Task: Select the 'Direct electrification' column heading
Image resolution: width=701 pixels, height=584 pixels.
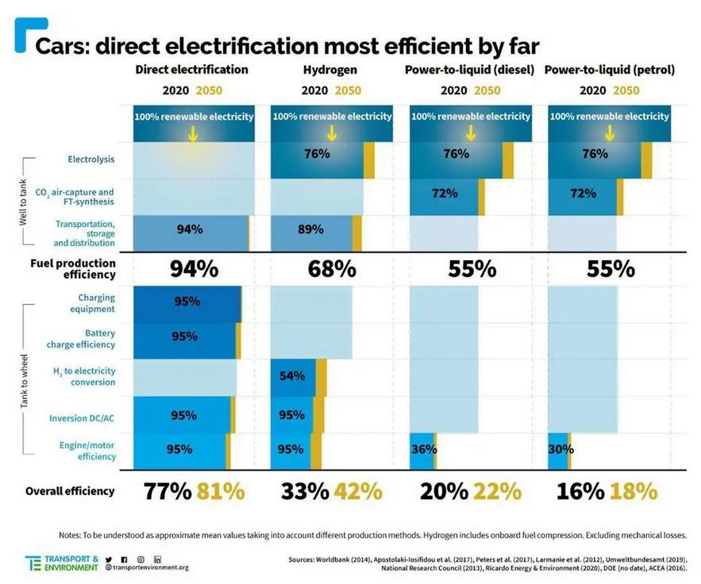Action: [x=192, y=70]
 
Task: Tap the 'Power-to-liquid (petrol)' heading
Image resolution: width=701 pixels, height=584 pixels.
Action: [x=610, y=70]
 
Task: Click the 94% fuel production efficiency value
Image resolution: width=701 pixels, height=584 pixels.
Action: [x=194, y=268]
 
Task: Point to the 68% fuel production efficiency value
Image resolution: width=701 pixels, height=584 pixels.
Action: [x=332, y=268]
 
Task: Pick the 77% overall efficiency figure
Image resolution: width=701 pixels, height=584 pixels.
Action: [x=168, y=491]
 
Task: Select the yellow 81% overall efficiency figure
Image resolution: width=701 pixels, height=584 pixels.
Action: [x=221, y=491]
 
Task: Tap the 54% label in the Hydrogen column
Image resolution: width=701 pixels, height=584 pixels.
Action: [x=292, y=376]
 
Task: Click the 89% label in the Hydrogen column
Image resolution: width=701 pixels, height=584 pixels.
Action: [x=310, y=229]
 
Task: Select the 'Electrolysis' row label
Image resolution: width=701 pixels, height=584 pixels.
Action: [x=91, y=159]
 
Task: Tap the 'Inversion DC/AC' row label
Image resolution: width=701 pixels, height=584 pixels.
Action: [x=83, y=418]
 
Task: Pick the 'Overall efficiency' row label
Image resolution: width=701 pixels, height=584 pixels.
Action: [x=70, y=491]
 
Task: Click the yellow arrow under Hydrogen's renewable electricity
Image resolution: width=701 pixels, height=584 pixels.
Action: [x=332, y=133]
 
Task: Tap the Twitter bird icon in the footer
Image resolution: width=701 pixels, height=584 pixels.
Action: [x=109, y=559]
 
